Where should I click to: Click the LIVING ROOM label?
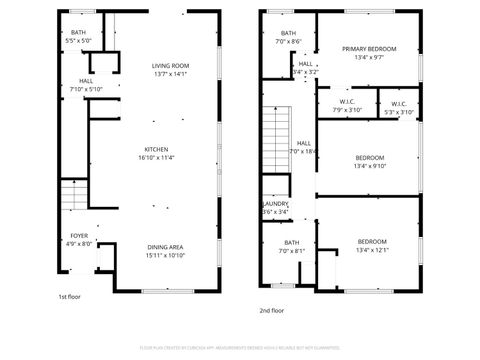click(x=171, y=65)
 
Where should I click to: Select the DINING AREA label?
click(x=165, y=247)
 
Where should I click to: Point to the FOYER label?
click(x=78, y=236)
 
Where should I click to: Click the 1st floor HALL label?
click(x=86, y=80)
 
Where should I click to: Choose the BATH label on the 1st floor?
click(x=78, y=32)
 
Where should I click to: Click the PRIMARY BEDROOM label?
click(x=368, y=49)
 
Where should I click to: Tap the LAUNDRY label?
click(x=275, y=204)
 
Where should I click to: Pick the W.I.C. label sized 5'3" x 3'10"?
click(x=398, y=104)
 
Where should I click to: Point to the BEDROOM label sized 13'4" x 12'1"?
click(x=372, y=241)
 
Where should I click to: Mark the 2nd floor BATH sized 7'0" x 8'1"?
click(x=291, y=242)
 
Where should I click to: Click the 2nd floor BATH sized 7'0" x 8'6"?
click(x=288, y=33)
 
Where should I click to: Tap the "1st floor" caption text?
click(x=69, y=296)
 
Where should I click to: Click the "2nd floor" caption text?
click(x=271, y=310)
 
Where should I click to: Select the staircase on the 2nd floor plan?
click(x=275, y=140)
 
